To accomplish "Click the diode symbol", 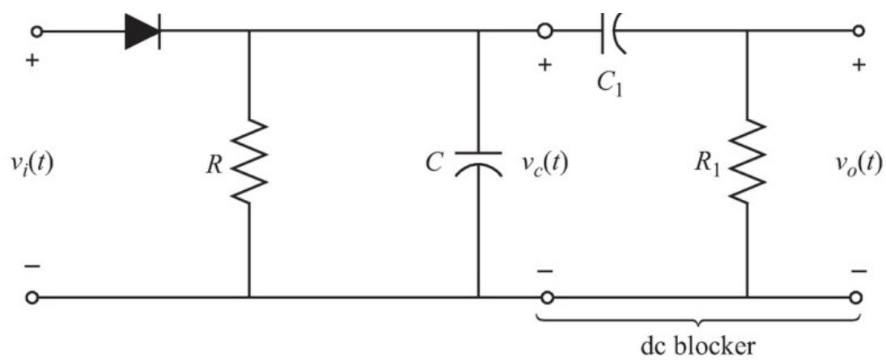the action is pos(142,32).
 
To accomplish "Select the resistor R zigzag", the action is pos(249,161).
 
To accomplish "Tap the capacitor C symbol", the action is pos(478,160).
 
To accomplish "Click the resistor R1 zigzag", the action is pos(748,161).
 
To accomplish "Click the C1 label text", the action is pos(609,85).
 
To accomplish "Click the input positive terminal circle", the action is pos(37,32).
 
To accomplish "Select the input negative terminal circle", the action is pos(33,297).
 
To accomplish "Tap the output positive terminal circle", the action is pos(858,31).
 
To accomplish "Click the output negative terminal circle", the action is pos(857,297).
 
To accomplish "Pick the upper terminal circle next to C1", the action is pos(545,32).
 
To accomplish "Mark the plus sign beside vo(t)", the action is pos(859,66).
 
